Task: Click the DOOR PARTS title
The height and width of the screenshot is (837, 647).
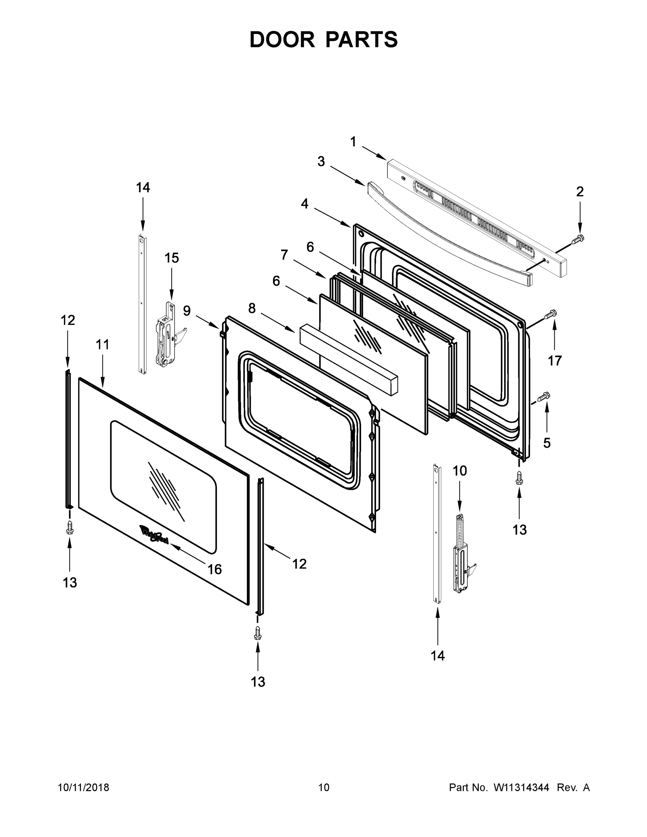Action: [324, 40]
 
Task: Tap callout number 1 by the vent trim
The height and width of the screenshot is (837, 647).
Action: [353, 142]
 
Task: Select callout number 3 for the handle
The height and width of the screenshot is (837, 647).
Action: [321, 162]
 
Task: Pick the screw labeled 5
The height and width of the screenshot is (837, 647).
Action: [544, 396]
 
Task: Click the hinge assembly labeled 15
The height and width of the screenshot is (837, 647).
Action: [167, 334]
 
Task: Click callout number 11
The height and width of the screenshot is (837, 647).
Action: [102, 345]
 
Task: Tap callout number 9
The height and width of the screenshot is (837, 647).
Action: [187, 310]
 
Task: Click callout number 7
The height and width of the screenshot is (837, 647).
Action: [284, 255]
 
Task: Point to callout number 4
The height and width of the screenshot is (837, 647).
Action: [304, 204]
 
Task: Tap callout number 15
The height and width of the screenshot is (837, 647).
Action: [172, 258]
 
